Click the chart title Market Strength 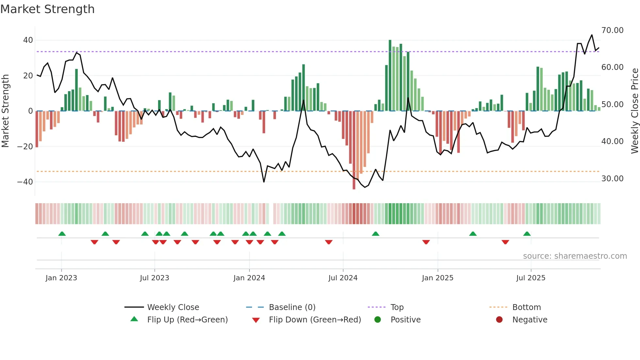pyautogui.click(x=47, y=9)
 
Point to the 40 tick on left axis pyautogui.click(x=28, y=40)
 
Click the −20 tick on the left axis pyautogui.click(x=25, y=146)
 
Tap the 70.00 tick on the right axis pyautogui.click(x=612, y=30)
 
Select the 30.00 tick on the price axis pyautogui.click(x=612, y=179)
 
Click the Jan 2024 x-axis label pyautogui.click(x=249, y=278)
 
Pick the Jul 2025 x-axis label pyautogui.click(x=531, y=278)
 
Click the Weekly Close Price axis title pyautogui.click(x=634, y=111)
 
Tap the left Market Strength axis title pyautogui.click(x=6, y=111)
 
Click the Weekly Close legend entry pyautogui.click(x=173, y=307)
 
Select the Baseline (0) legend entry pyautogui.click(x=292, y=307)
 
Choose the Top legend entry pyautogui.click(x=397, y=307)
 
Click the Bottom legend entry pyautogui.click(x=526, y=307)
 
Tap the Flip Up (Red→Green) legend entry pyautogui.click(x=187, y=320)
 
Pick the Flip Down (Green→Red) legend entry pyautogui.click(x=315, y=320)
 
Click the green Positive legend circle pyautogui.click(x=377, y=320)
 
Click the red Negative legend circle pyautogui.click(x=499, y=320)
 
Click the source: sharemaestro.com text pyautogui.click(x=575, y=256)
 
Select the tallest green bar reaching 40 pyautogui.click(x=390, y=75)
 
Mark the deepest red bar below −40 pyautogui.click(x=354, y=150)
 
